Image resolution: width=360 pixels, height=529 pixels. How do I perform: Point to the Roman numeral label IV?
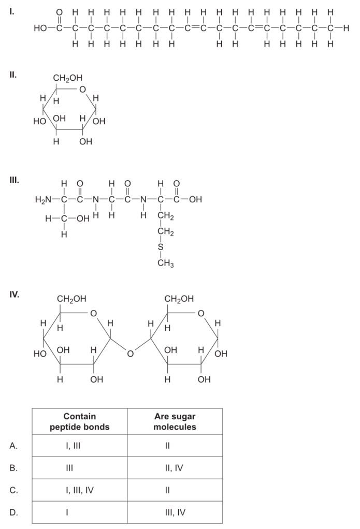(14, 295)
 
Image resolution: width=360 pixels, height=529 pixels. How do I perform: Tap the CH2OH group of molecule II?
(67, 79)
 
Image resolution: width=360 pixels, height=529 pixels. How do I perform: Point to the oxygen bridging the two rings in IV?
(130, 354)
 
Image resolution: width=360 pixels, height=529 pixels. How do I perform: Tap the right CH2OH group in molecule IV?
(179, 299)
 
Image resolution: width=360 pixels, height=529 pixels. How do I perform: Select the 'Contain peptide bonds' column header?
(80, 422)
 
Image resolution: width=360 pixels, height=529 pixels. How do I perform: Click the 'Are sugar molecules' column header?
(175, 422)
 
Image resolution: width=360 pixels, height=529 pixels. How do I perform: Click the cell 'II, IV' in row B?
(175, 468)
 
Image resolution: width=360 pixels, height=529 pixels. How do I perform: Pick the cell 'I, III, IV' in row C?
(79, 490)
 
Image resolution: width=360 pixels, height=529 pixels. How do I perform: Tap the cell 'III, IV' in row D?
(175, 512)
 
